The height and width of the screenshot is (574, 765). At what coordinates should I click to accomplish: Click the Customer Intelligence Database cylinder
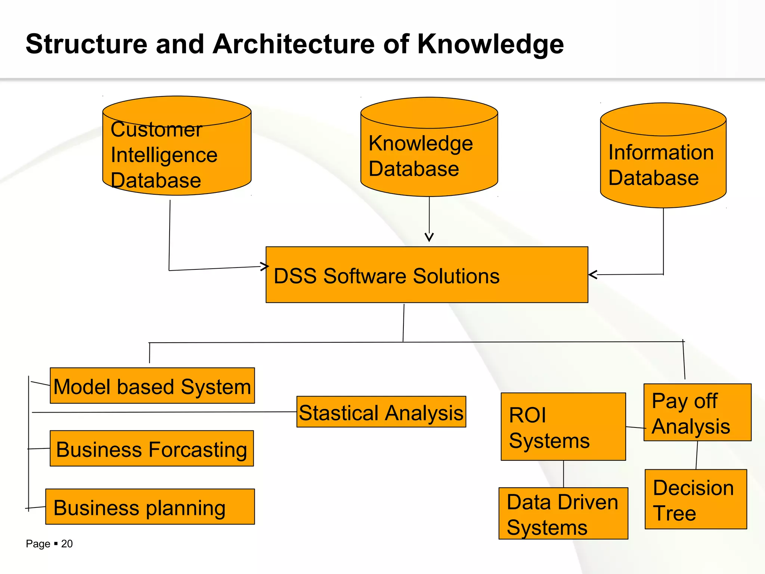[177, 149]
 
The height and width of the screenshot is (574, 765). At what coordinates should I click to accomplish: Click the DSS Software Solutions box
[427, 275]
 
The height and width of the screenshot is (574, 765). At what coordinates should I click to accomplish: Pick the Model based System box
[152, 386]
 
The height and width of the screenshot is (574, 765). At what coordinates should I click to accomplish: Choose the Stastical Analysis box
[381, 412]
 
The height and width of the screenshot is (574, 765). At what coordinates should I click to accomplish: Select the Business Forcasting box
[152, 448]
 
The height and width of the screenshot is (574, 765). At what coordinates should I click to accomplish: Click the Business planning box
[150, 507]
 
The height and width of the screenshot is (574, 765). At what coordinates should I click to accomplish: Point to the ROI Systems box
[563, 426]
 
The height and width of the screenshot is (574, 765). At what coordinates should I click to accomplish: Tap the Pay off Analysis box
[697, 413]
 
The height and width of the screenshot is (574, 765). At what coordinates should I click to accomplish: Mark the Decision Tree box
[696, 499]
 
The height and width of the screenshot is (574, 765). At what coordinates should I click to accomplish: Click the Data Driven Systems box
[563, 513]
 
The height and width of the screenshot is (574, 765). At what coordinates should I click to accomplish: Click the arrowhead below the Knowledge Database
[429, 237]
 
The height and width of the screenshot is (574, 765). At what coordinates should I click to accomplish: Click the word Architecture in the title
[294, 44]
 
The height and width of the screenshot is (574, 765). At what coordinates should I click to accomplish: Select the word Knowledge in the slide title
[490, 44]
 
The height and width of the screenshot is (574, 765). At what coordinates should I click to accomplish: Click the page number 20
[67, 544]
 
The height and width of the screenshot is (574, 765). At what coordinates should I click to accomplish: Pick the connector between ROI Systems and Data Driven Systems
[563, 474]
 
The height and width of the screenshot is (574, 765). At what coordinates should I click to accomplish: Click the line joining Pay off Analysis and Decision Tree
[697, 455]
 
